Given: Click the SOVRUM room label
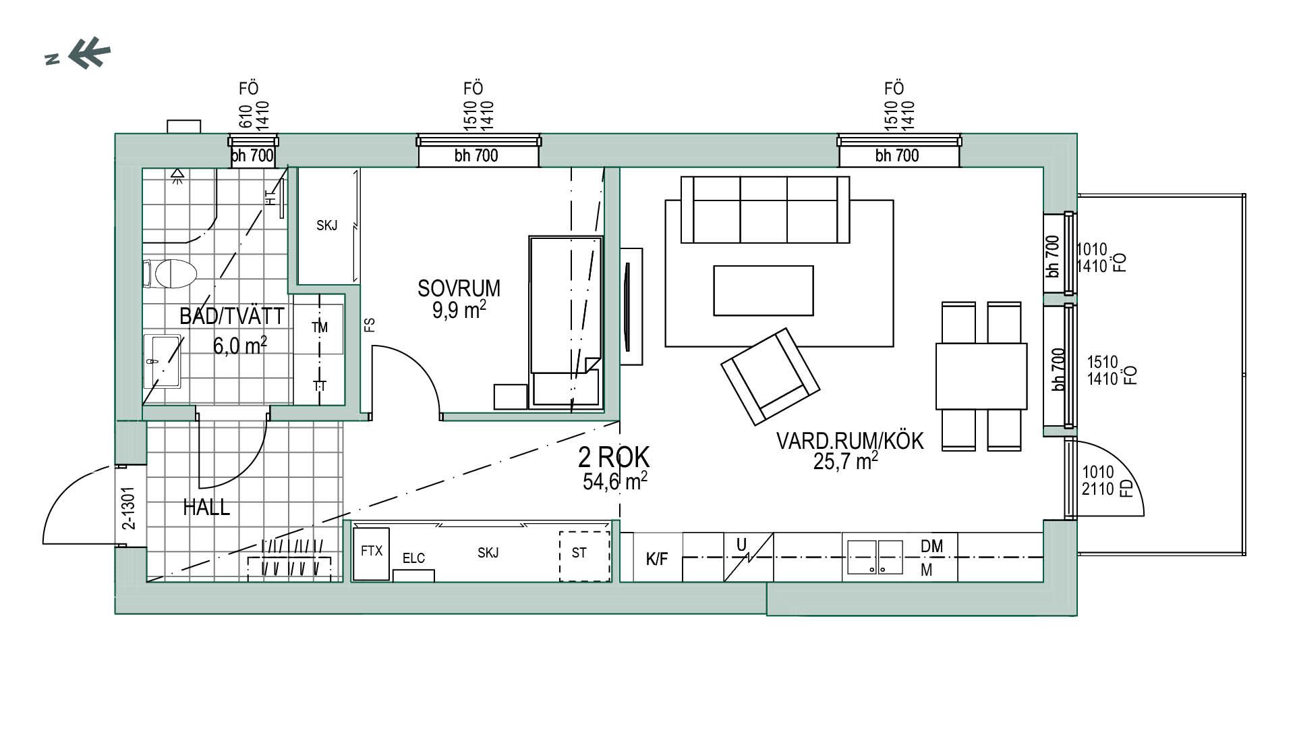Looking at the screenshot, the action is [x=459, y=288].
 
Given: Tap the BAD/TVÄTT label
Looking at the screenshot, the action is [x=231, y=316].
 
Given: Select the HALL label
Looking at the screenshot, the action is [x=206, y=507].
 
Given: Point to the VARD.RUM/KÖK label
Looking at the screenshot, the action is [x=850, y=441].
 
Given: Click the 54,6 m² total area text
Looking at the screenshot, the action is [x=615, y=481].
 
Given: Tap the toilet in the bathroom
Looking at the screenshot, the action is [x=170, y=273].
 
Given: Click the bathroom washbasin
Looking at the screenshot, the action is [x=163, y=362].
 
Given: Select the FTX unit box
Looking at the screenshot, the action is [x=371, y=553].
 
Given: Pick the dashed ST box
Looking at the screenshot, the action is [x=584, y=556].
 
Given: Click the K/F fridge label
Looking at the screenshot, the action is [x=656, y=559].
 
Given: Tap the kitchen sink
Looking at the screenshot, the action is [x=875, y=558].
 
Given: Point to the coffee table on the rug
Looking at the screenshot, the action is [x=764, y=290].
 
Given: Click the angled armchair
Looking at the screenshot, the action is [x=770, y=377].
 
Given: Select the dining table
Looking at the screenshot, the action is [x=981, y=376].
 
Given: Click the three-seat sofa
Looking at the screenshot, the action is [x=765, y=209].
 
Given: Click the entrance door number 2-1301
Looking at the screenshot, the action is [x=129, y=507].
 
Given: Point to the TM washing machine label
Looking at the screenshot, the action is [x=320, y=327].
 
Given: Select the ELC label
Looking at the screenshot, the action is [x=413, y=558].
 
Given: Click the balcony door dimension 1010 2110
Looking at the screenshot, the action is [x=1098, y=480].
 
